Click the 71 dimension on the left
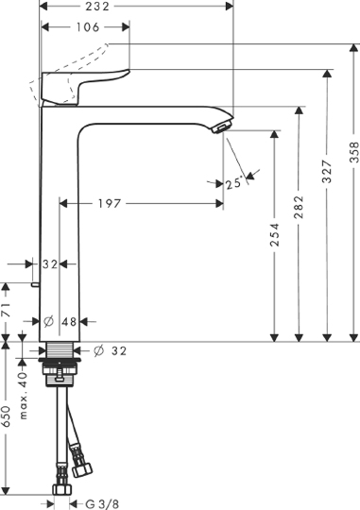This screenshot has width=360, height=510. tap(6, 308)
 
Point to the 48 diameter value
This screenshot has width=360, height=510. tap(69, 322)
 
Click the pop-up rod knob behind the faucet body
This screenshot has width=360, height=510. tap(36, 282)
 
